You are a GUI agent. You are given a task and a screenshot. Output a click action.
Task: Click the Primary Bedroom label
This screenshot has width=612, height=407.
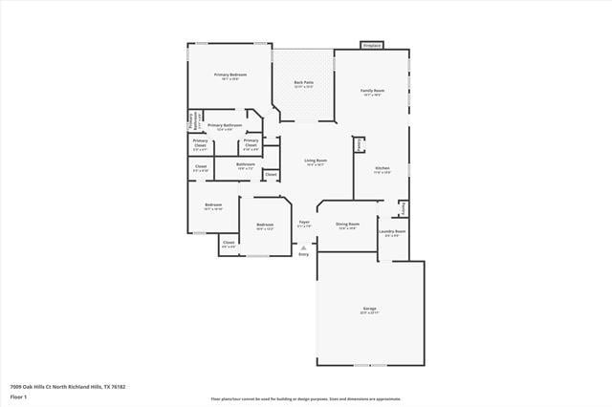(x=230, y=75)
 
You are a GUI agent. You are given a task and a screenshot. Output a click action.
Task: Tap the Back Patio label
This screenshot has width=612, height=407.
(x=304, y=83)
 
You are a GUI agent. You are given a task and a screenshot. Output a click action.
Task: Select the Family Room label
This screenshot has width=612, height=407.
(x=372, y=91)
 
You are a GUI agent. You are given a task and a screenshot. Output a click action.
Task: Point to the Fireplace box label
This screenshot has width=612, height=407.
(x=372, y=45)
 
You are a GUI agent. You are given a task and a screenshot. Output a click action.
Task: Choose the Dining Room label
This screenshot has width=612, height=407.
(x=347, y=225)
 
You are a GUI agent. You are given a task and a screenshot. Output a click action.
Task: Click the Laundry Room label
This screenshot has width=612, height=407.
(x=392, y=231)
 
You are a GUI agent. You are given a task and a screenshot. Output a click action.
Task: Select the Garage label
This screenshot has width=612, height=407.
(x=369, y=309)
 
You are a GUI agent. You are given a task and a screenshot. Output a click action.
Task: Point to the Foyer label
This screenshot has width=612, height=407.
(x=304, y=222)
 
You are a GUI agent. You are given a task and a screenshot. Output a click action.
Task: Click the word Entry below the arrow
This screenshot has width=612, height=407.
(x=304, y=254)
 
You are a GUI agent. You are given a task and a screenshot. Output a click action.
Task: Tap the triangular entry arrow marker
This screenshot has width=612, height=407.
(x=304, y=247)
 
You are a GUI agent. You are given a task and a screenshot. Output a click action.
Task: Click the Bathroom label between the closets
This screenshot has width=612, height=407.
(x=245, y=164)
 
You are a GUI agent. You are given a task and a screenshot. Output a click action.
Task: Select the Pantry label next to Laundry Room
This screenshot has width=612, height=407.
(x=404, y=207)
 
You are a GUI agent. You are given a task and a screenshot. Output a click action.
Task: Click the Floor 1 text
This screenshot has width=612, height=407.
(x=19, y=396)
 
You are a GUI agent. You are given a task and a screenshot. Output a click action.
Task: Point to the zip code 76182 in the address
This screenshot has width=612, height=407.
(x=119, y=386)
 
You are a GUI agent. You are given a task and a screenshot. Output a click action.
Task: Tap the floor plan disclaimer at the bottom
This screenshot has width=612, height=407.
(x=306, y=399)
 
